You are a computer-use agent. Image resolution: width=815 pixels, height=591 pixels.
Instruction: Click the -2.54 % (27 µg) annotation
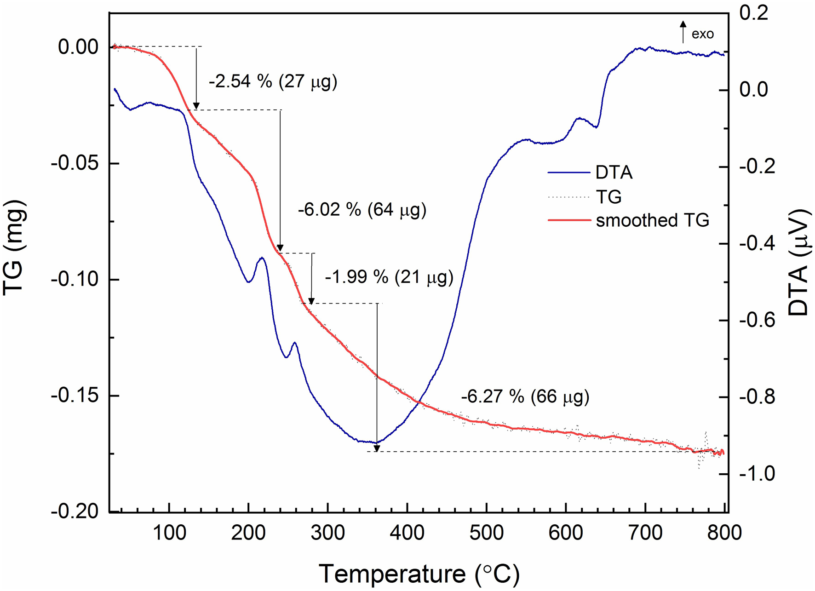[x=273, y=82]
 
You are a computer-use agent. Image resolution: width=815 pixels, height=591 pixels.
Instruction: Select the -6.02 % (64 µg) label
[x=362, y=210]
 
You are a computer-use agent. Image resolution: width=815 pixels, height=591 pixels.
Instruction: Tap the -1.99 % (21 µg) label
[x=389, y=277]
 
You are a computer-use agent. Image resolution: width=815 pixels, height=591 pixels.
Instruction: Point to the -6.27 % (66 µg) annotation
[x=525, y=396]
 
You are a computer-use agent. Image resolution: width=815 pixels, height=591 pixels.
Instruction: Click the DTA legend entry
[x=614, y=172]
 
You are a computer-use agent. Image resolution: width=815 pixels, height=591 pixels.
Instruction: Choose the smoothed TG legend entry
[x=652, y=220]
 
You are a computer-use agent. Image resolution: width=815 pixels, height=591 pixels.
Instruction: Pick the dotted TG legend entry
[x=608, y=197]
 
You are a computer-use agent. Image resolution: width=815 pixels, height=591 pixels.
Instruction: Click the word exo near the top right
[x=702, y=34]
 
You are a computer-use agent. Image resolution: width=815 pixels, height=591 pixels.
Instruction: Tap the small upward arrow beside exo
[x=683, y=31]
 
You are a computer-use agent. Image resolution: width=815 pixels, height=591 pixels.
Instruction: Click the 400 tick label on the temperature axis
[x=407, y=533]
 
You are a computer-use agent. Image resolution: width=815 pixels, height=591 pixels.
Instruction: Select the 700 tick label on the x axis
[x=645, y=533]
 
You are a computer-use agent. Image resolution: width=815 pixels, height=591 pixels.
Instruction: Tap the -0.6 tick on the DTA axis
[x=757, y=320]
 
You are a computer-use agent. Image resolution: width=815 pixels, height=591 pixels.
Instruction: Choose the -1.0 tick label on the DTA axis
[x=757, y=474]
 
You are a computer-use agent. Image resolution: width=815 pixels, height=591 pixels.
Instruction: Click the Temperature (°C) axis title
[x=419, y=574]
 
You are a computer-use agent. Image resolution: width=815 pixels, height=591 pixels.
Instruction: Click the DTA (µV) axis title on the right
[x=798, y=262]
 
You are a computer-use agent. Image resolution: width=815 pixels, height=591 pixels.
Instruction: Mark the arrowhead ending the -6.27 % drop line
[x=377, y=448]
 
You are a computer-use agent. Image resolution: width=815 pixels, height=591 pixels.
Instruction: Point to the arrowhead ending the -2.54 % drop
[x=196, y=106]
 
